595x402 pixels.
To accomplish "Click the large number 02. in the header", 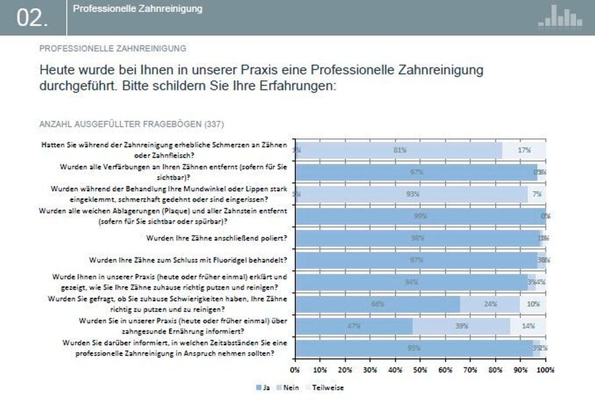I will (33, 18).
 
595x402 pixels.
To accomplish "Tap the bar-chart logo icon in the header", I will (560, 16).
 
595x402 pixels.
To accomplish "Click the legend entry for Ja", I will (263, 387).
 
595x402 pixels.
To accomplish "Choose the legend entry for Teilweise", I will (325, 387).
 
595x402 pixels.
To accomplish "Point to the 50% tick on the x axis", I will (421, 369).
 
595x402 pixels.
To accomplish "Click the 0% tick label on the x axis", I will (295, 369).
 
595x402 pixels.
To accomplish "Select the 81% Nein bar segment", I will (400, 150).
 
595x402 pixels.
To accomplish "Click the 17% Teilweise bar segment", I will (524, 150).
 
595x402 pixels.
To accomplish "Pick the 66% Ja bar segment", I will (378, 304).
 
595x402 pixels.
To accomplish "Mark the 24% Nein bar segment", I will (490, 304).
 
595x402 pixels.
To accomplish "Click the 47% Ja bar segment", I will (354, 326).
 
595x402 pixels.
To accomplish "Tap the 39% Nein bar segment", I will (461, 326).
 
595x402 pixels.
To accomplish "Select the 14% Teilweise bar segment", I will (528, 326).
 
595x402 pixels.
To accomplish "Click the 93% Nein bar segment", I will (413, 194).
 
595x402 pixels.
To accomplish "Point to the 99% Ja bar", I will (420, 216).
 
